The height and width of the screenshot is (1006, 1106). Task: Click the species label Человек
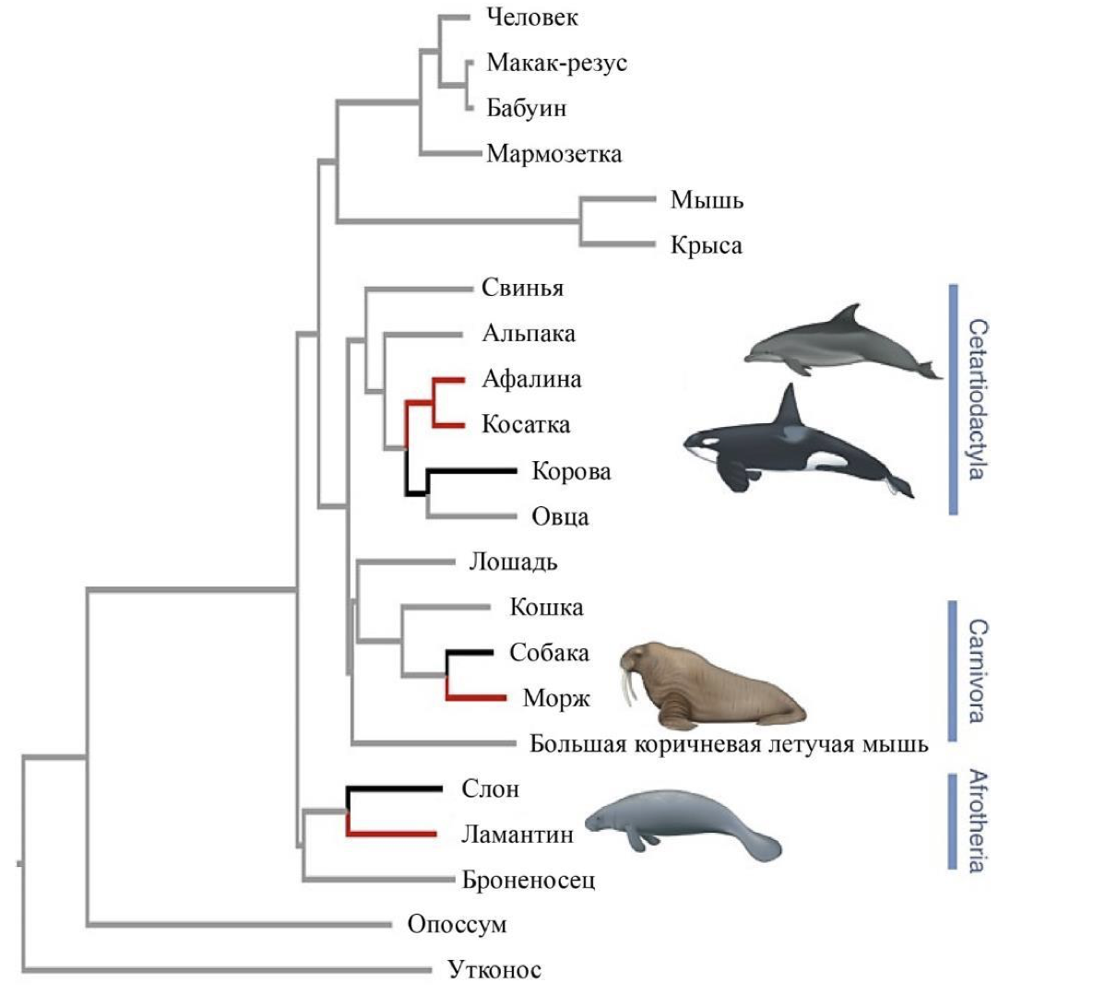pos(531,18)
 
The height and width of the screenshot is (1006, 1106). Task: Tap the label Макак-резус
pos(556,63)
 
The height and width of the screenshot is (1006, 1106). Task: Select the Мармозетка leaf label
pos(553,153)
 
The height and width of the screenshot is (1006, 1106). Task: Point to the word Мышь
pos(707,199)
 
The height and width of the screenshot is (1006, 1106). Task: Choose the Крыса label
pos(706,245)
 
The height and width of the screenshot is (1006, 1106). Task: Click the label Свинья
pos(522,289)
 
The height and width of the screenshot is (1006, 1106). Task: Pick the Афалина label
pos(531,379)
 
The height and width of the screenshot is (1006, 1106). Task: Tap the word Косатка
pos(526,425)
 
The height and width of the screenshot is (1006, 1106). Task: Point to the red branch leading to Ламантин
pos(392,834)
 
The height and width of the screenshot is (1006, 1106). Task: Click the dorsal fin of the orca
pos(789,406)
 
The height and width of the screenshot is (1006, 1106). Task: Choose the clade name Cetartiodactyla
pos(978,399)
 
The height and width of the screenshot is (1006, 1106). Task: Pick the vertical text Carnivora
pos(978,670)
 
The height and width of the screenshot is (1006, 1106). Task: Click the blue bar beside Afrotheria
pos(952,821)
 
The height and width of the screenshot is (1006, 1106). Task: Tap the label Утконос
pos(494,969)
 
